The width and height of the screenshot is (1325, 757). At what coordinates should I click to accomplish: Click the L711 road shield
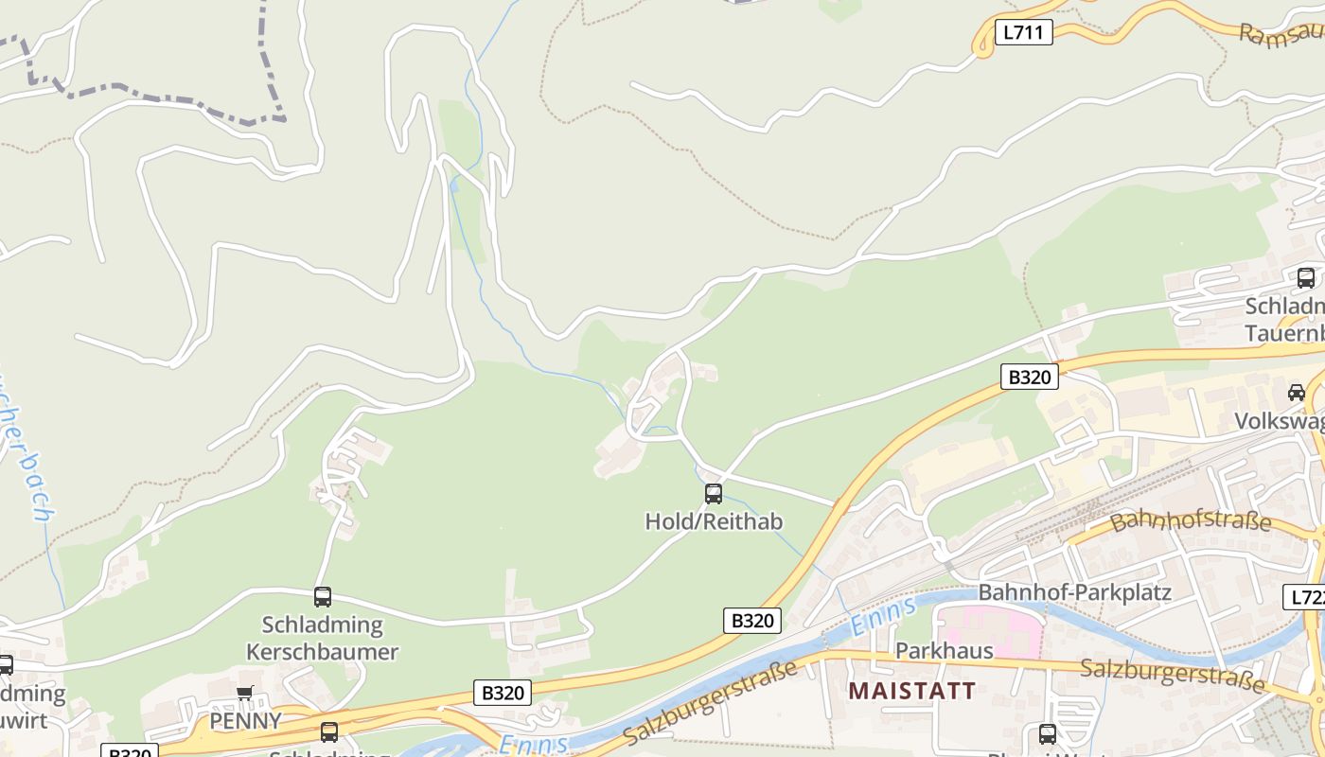[x=1023, y=33]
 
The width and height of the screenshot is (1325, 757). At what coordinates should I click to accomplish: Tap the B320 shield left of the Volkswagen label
[x=1030, y=377]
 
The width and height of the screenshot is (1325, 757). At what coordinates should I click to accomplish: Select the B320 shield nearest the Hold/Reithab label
[x=753, y=621]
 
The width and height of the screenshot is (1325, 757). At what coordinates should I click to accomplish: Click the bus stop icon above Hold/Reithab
[x=714, y=493]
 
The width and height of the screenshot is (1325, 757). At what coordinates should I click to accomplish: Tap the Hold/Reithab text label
[x=714, y=521]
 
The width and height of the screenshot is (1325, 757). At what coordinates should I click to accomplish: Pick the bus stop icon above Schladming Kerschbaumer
[x=323, y=596]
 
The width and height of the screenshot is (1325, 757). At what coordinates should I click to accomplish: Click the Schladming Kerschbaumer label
[x=322, y=639]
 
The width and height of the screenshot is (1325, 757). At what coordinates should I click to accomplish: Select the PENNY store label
[x=245, y=721]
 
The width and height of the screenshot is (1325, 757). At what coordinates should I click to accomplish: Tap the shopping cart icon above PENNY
[x=245, y=694]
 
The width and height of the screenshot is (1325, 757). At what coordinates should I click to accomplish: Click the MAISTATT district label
[x=911, y=691]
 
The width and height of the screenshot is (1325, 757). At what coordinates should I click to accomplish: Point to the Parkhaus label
[x=944, y=651]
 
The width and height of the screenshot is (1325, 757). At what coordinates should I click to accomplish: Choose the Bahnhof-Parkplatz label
[x=1074, y=593]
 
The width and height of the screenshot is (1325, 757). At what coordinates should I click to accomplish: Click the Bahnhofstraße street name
[x=1190, y=520]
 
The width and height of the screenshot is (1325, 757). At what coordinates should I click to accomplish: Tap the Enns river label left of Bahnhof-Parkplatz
[x=884, y=614]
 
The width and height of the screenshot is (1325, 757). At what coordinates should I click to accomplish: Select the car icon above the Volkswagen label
[x=1296, y=392]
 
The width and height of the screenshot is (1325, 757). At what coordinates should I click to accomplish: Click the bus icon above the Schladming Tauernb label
[x=1305, y=278]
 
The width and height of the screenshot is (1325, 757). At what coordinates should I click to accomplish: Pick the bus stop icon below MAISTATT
[x=1047, y=733]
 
